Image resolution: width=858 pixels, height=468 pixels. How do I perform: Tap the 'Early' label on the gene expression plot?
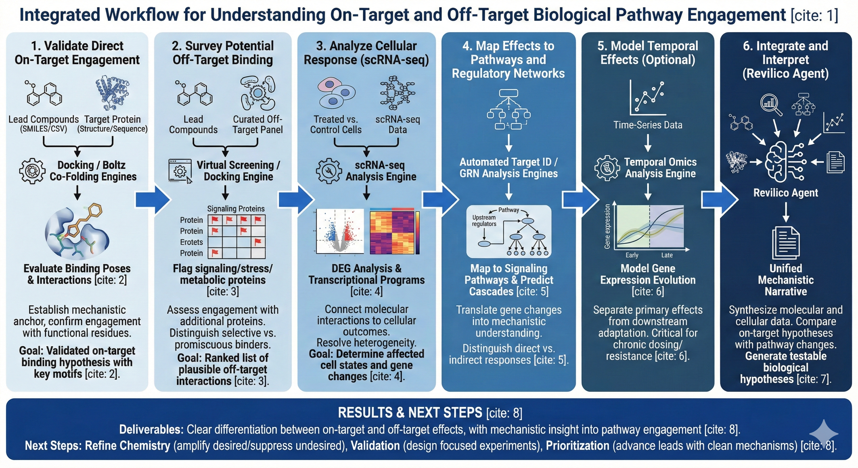(x=632, y=255)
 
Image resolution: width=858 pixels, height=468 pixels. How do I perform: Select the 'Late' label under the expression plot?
(x=667, y=255)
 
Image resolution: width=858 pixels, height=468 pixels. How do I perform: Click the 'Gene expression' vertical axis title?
(x=607, y=226)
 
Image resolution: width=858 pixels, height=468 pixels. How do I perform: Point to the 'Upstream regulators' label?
(x=484, y=221)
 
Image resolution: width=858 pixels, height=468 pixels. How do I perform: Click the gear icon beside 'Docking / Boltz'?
(x=32, y=171)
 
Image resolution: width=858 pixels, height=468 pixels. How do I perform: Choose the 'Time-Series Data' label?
(x=647, y=125)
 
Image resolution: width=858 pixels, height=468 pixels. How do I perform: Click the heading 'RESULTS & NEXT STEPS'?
(x=410, y=413)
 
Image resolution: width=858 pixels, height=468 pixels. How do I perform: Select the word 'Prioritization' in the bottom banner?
(x=577, y=446)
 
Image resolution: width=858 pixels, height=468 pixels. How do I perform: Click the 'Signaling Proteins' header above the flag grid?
(x=236, y=209)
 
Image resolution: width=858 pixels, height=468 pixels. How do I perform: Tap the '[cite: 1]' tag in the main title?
(x=814, y=15)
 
